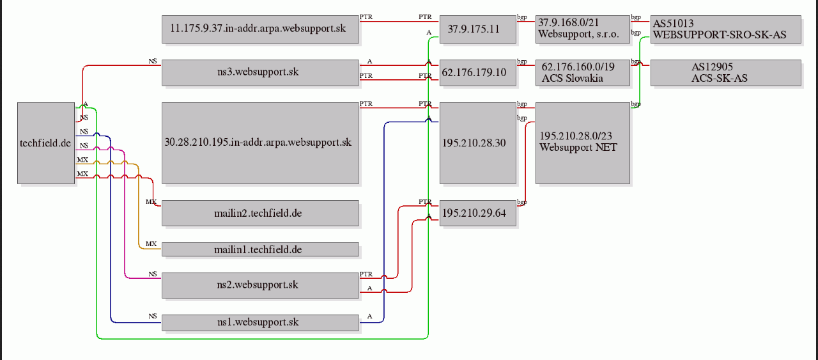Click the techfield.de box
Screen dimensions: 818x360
46,143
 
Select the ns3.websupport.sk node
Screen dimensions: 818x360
260,72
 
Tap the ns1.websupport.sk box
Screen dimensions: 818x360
260,323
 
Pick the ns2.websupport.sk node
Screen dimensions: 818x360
260,285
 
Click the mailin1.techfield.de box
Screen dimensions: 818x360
260,249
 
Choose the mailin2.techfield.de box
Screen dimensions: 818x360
260,213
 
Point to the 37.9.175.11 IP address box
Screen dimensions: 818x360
477,29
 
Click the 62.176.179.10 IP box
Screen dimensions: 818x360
477,72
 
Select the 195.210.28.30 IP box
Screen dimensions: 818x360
477,143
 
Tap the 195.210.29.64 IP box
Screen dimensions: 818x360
477,213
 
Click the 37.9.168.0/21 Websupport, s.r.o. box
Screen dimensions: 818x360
583,29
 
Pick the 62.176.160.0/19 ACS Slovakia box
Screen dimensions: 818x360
583,72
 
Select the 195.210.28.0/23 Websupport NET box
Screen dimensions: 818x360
583,143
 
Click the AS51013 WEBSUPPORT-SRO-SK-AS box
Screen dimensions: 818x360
726,29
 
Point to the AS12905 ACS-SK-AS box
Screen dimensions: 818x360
726,72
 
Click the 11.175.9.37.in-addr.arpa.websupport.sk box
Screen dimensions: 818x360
260,29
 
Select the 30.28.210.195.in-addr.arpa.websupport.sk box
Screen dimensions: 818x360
260,143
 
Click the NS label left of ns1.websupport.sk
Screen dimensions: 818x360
153,316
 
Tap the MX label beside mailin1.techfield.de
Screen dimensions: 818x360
151,244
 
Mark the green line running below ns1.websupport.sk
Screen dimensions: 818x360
262,339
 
